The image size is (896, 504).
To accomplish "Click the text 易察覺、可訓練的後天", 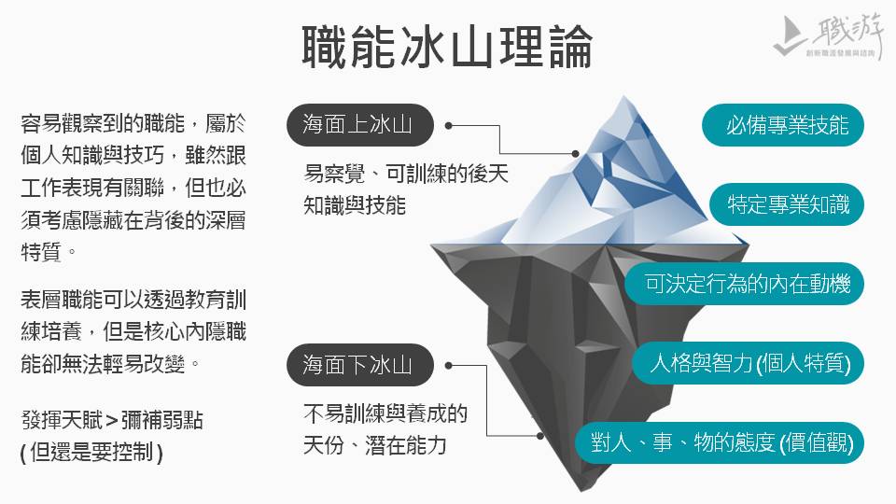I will pyautogui.click(x=406, y=175).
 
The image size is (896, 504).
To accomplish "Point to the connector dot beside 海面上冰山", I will pyautogui.click(x=449, y=124).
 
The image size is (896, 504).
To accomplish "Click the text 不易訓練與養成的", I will pyautogui.click(x=385, y=413).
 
